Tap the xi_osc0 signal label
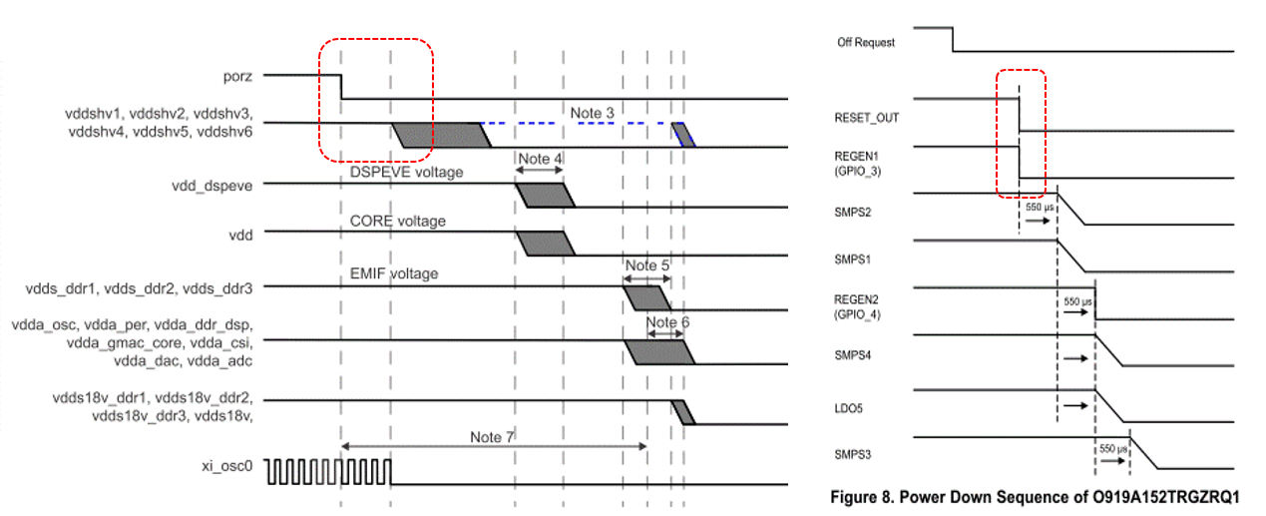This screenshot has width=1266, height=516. pyautogui.click(x=228, y=466)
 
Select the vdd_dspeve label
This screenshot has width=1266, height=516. pyautogui.click(x=214, y=184)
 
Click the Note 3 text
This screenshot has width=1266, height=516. pyautogui.click(x=592, y=113)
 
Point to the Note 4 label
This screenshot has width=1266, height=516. pyautogui.click(x=540, y=160)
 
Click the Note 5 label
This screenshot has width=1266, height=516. pyautogui.click(x=646, y=265)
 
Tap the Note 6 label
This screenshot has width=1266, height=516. pyautogui.click(x=667, y=322)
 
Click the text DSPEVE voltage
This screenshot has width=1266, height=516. pyautogui.click(x=406, y=173)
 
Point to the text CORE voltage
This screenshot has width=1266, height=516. pyautogui.click(x=397, y=221)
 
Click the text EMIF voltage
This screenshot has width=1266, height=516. pyautogui.click(x=394, y=272)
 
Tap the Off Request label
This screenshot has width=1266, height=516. pyautogui.click(x=866, y=42)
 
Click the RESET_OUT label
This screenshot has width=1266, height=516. pyautogui.click(x=866, y=118)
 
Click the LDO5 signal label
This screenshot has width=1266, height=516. pyautogui.click(x=849, y=407)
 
